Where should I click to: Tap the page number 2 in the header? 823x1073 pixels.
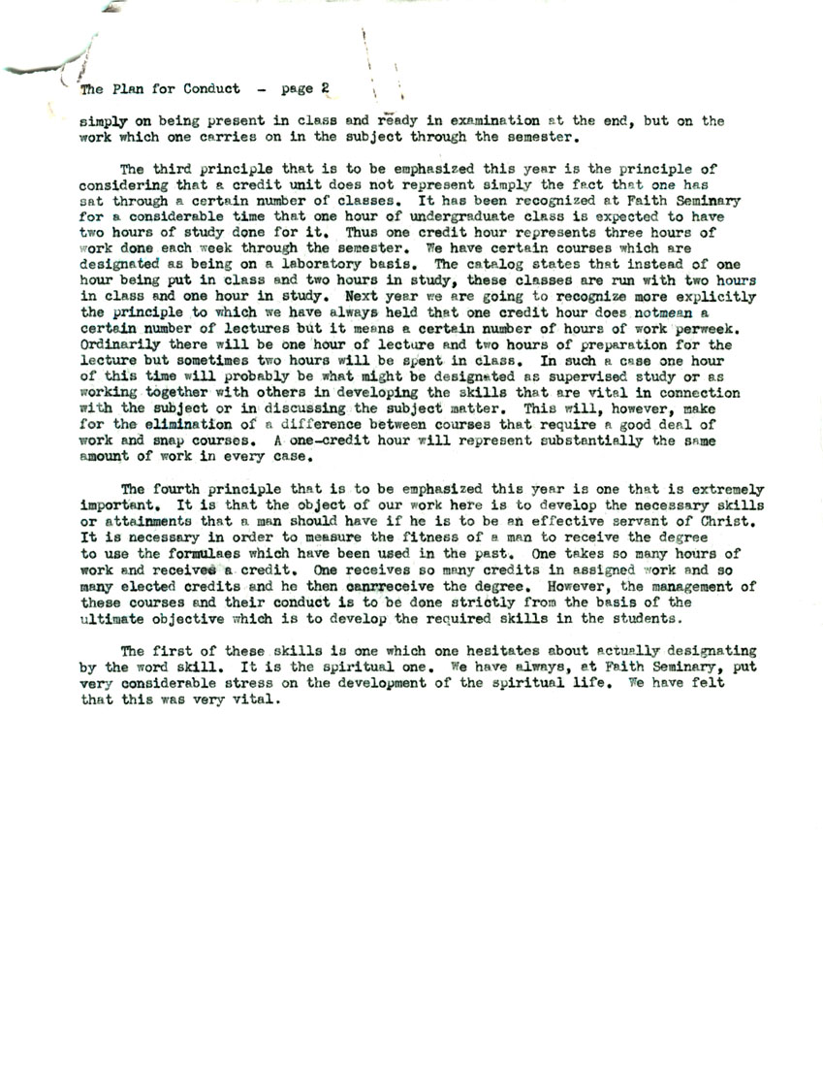click(x=325, y=88)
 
